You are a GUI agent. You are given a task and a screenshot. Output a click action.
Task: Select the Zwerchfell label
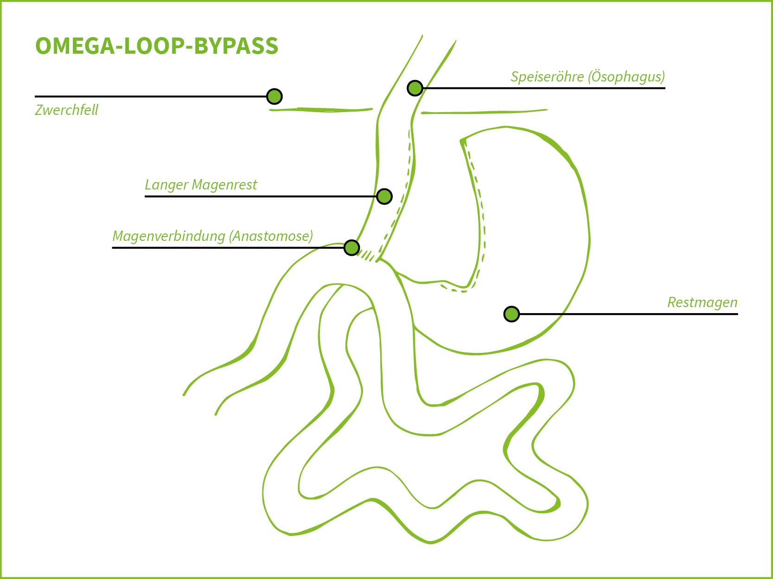(x=67, y=110)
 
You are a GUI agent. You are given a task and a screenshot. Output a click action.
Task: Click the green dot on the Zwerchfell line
(x=275, y=96)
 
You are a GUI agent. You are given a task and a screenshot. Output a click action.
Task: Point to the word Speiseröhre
(x=547, y=76)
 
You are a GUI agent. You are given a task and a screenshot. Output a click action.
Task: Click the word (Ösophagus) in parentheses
(x=626, y=76)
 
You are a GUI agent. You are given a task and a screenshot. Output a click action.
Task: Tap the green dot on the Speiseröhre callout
(x=415, y=88)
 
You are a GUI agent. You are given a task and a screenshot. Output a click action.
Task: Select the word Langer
(x=166, y=185)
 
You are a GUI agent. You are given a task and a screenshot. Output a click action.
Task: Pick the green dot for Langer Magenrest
(x=384, y=196)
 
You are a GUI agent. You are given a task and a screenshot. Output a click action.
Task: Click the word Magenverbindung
(x=169, y=236)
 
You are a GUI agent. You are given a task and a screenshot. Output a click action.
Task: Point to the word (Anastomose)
(x=271, y=236)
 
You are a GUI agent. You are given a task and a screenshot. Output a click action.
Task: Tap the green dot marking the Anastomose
(x=352, y=248)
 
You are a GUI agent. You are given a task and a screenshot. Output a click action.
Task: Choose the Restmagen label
(x=702, y=302)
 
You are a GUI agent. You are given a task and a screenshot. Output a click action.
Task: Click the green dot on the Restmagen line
(x=511, y=314)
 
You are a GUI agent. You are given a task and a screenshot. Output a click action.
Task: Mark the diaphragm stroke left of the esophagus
(x=321, y=110)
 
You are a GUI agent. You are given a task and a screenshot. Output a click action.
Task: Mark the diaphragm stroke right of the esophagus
(x=484, y=112)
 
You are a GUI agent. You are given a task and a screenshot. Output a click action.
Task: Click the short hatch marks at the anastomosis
(x=367, y=255)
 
